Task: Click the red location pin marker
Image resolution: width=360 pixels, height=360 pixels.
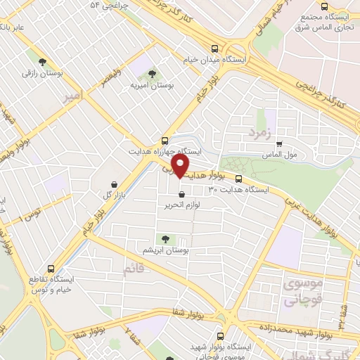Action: click(x=180, y=166)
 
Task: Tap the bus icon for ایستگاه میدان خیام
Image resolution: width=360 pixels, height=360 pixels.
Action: click(x=215, y=49)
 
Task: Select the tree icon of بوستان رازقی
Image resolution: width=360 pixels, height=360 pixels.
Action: click(x=42, y=62)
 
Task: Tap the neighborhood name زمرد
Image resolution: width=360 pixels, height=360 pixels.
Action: click(x=258, y=131)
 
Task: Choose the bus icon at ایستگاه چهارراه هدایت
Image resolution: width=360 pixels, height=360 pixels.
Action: click(x=165, y=140)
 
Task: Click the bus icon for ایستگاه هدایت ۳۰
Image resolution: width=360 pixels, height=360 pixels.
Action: click(x=238, y=179)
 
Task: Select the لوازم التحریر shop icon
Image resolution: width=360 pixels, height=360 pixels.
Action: click(x=183, y=194)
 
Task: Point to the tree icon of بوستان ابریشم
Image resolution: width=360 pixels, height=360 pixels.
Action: click(x=166, y=240)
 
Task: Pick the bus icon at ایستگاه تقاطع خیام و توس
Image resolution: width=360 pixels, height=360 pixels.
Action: click(x=51, y=268)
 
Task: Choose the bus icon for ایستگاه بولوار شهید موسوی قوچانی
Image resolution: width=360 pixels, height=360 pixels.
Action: click(x=221, y=336)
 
